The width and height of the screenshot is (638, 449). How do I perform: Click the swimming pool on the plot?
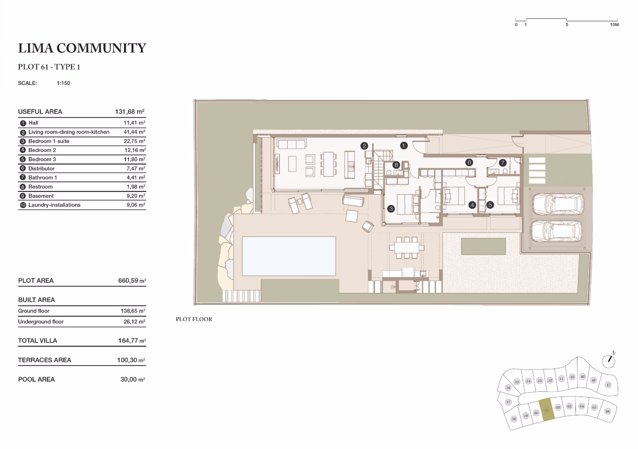click(x=289, y=256)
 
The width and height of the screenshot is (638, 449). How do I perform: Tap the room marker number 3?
click(x=391, y=208)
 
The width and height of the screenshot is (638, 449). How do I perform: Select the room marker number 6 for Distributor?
click(x=469, y=162)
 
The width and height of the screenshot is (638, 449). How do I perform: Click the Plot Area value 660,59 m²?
click(x=132, y=281)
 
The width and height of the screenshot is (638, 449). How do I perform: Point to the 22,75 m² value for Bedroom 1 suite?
click(x=134, y=141)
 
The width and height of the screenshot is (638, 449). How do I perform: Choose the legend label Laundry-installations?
click(x=54, y=205)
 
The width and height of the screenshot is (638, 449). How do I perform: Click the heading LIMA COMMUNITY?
click(x=82, y=48)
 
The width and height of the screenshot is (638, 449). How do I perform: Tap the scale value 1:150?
click(x=63, y=83)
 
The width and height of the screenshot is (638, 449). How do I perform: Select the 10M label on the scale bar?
click(x=614, y=25)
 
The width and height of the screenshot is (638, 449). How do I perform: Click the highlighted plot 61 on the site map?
click(x=547, y=410)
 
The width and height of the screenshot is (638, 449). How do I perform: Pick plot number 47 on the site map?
click(x=608, y=385)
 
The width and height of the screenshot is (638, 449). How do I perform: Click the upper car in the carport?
click(x=558, y=204)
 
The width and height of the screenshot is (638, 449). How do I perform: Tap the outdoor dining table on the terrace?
click(x=407, y=248)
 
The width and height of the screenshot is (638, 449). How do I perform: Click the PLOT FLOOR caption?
click(x=194, y=319)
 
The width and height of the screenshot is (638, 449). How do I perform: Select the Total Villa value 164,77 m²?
click(x=132, y=341)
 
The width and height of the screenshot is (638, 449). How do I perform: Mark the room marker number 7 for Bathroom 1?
click(x=502, y=163)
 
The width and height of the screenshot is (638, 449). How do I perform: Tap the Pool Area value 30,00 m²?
click(x=133, y=379)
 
